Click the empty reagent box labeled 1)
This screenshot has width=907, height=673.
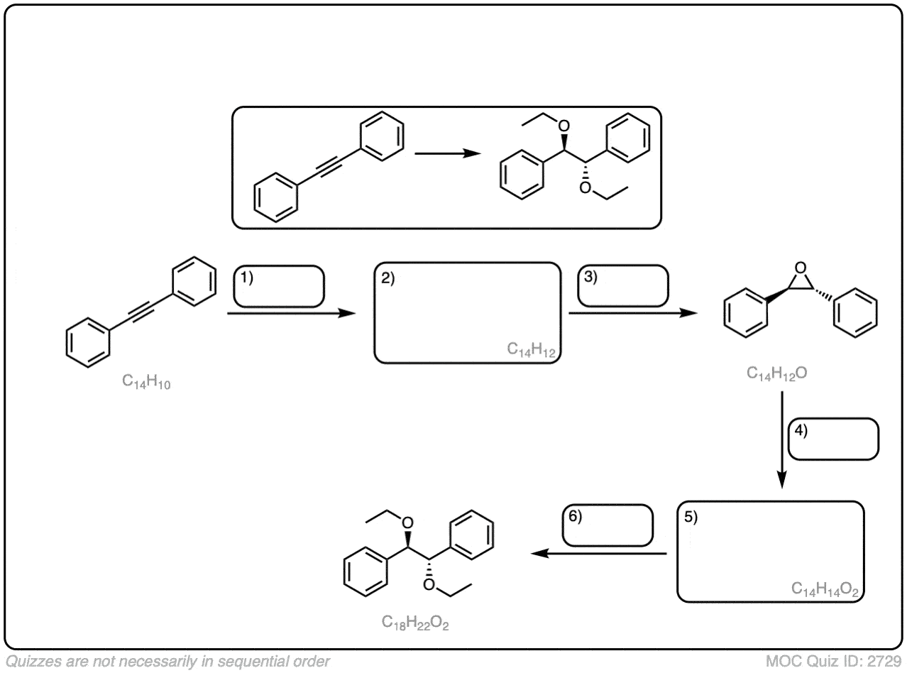click(279, 287)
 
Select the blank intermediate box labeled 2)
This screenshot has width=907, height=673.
click(468, 312)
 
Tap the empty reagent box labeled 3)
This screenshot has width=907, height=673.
click(623, 285)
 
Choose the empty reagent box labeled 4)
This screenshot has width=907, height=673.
click(834, 439)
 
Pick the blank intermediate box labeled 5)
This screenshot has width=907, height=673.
click(771, 552)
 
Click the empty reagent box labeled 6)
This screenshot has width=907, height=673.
click(608, 525)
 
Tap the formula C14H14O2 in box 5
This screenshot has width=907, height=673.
click(826, 589)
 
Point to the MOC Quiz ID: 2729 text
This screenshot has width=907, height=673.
click(833, 662)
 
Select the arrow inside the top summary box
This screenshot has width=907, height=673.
click(444, 153)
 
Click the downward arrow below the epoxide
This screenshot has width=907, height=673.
click(781, 440)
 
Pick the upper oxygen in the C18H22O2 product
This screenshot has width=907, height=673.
click(407, 523)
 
